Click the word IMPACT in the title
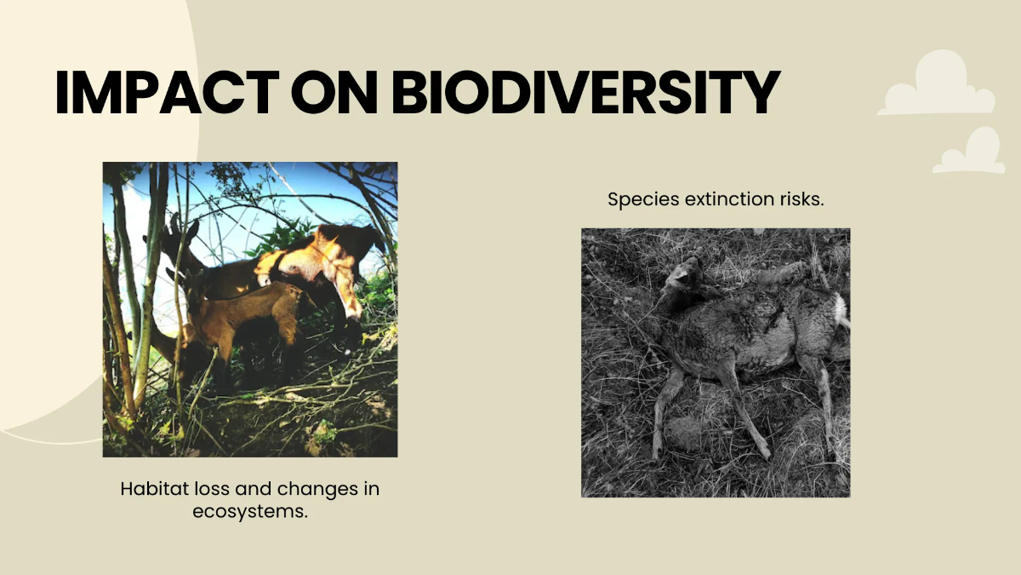click(x=167, y=92)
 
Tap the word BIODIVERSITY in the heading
click(x=585, y=92)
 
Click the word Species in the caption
click(x=643, y=199)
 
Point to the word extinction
click(x=729, y=199)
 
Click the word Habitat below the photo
click(x=155, y=489)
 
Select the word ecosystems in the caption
click(x=250, y=512)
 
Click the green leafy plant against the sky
click(x=282, y=238)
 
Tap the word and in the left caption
click(x=254, y=489)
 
